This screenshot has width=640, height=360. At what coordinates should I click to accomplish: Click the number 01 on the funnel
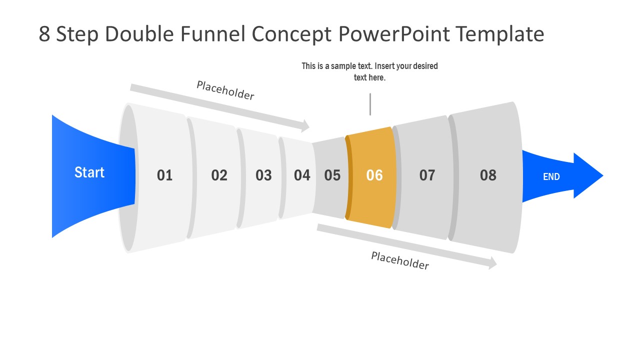[164, 175]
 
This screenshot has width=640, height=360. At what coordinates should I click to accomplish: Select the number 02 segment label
[219, 175]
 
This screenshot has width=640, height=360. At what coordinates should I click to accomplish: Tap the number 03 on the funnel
[263, 175]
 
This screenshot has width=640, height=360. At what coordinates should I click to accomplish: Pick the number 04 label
[302, 175]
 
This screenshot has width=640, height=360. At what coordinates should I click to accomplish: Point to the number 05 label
[332, 175]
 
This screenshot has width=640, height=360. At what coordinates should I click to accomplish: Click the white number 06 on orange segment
[374, 175]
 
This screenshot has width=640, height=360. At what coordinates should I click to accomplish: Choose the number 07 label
[427, 175]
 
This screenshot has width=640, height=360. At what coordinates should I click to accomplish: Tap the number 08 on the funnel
[488, 175]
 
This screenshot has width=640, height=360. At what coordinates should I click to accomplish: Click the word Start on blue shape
[89, 172]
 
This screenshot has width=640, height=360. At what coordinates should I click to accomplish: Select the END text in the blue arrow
[551, 176]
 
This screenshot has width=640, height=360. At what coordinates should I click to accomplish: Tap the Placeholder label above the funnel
[225, 90]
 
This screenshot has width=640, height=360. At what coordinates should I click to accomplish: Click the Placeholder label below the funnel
[400, 260]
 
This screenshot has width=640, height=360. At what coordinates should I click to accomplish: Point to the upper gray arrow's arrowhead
[305, 126]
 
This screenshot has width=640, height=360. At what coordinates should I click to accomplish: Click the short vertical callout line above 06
[370, 104]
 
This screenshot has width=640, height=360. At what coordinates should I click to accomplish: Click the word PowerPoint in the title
[394, 34]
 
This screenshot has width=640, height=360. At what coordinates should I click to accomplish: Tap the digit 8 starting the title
[44, 34]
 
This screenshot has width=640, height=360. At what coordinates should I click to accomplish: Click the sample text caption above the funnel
[369, 72]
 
